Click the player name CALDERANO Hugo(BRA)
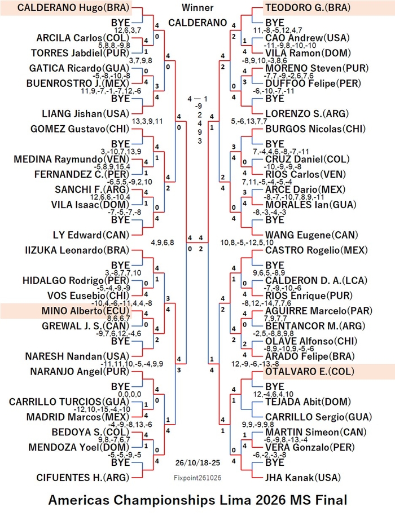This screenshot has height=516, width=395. (x=73, y=7)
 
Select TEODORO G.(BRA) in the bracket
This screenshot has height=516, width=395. (x=308, y=7)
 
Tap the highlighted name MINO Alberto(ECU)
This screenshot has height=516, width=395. (x=86, y=311)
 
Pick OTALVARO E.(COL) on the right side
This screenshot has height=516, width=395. (x=310, y=372)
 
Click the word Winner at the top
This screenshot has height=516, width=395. (x=197, y=7)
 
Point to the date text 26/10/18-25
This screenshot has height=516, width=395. (x=197, y=462)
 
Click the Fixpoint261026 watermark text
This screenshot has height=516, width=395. (x=197, y=478)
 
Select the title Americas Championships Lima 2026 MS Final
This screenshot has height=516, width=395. (x=197, y=500)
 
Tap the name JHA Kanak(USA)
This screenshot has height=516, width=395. (x=303, y=478)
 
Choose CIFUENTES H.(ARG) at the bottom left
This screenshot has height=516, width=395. (x=83, y=478)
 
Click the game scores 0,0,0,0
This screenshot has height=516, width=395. (x=130, y=394)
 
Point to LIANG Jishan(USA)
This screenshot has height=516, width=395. (x=86, y=114)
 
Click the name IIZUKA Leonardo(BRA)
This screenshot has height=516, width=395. (x=77, y=250)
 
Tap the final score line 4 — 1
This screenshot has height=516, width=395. (x=197, y=99)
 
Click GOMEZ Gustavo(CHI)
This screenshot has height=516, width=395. (x=80, y=129)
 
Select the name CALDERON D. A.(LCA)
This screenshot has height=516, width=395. (x=311, y=281)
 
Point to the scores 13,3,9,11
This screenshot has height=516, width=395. (x=147, y=121)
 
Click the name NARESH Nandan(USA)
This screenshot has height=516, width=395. (x=77, y=356)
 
